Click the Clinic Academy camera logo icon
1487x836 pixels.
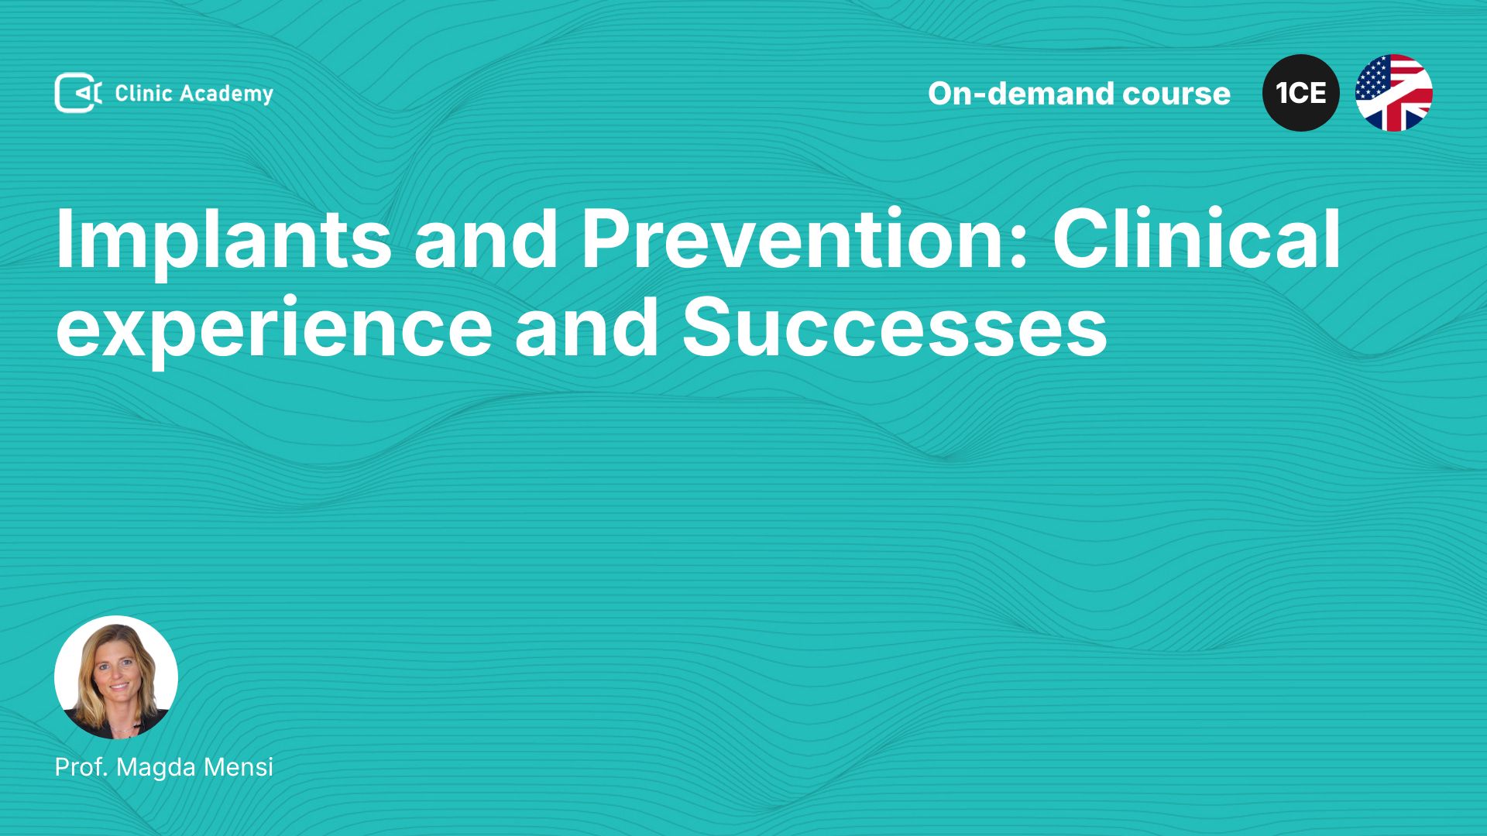coord(77,93)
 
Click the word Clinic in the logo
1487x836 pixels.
coord(143,93)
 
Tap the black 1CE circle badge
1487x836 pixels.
coord(1301,93)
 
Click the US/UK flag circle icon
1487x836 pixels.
coord(1394,93)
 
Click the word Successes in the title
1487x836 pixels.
coord(895,328)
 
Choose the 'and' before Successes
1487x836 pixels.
coord(587,327)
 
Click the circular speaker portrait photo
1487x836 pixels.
coord(116,677)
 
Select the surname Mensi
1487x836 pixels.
coord(239,767)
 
